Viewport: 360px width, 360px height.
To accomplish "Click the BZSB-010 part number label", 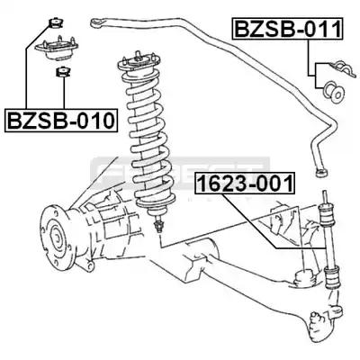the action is [60, 121].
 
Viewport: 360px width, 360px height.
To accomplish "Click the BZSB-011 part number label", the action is [287, 29].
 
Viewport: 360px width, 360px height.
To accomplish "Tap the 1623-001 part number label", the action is [245, 183].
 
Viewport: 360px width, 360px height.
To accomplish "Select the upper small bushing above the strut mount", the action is [56, 23].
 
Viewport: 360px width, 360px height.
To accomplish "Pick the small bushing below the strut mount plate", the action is [63, 72].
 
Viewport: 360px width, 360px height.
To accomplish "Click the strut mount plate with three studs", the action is [57, 49].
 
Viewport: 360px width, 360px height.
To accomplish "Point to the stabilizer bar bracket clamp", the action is [343, 68].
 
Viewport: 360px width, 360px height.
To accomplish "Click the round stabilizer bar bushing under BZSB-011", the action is [333, 92].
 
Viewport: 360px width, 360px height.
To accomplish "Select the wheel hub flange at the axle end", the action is [55, 237].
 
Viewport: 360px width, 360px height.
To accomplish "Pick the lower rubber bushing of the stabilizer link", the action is [332, 277].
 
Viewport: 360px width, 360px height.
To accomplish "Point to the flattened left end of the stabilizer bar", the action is [98, 22].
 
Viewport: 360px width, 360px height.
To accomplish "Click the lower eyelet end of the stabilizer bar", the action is [321, 173].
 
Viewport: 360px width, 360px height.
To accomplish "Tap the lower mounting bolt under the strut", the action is [158, 225].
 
